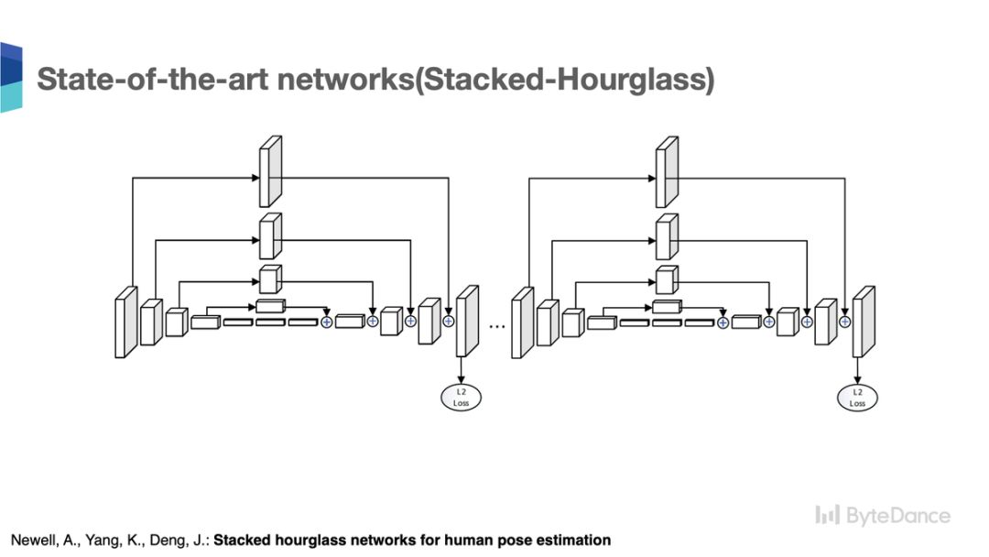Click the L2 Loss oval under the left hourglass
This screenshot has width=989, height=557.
tap(461, 397)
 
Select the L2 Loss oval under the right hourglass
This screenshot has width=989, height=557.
tap(857, 397)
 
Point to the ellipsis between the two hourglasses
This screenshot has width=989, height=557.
tap(498, 322)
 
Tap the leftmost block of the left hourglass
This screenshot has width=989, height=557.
tap(125, 322)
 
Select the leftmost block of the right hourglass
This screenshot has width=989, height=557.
tap(522, 322)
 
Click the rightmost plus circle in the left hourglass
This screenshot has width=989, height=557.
tap(449, 321)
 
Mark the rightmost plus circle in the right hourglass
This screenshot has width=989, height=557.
tap(845, 321)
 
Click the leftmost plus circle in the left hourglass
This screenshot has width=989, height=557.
tap(326, 321)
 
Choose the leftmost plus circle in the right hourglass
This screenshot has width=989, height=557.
tap(723, 321)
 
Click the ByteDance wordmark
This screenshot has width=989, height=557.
tap(897, 516)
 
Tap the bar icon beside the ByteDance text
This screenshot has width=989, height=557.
tap(827, 516)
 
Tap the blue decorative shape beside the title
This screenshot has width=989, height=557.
tap(10, 77)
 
